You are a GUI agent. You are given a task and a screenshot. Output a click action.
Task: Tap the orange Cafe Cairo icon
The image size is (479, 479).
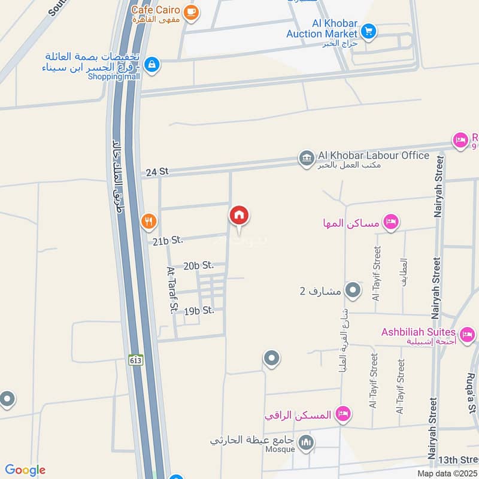[191, 13]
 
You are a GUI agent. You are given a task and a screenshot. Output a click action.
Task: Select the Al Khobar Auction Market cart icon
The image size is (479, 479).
[368, 31]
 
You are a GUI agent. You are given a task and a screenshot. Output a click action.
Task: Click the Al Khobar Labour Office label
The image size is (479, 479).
[373, 156]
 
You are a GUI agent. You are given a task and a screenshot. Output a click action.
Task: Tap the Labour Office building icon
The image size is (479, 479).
[306, 159]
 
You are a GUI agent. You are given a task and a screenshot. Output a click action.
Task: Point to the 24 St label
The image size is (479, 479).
[157, 172]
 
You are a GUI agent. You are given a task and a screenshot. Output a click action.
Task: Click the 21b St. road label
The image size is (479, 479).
[167, 241]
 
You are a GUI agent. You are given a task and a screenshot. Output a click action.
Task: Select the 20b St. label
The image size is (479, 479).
[199, 265]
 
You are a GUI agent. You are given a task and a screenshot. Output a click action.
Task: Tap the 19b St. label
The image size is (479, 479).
[199, 311]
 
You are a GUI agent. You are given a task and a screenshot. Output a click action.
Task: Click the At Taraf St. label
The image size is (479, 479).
[172, 290]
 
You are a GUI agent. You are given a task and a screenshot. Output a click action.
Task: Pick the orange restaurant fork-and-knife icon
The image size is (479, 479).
[149, 222]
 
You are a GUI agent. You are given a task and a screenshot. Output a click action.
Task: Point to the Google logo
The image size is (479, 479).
[25, 470]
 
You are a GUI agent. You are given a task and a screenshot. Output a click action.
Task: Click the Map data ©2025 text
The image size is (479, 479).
[446, 474]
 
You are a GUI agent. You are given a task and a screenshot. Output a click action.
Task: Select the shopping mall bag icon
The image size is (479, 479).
[152, 64]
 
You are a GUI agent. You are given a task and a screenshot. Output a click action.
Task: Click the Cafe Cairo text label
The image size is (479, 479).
[158, 9]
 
